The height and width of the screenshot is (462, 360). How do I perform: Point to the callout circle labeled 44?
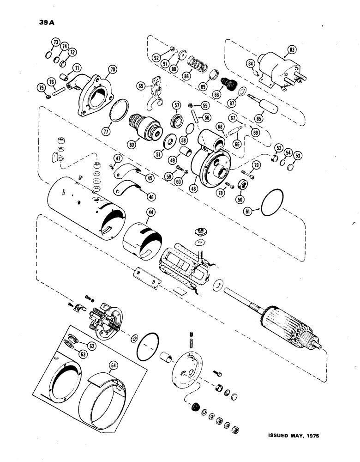(x=150, y=212)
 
